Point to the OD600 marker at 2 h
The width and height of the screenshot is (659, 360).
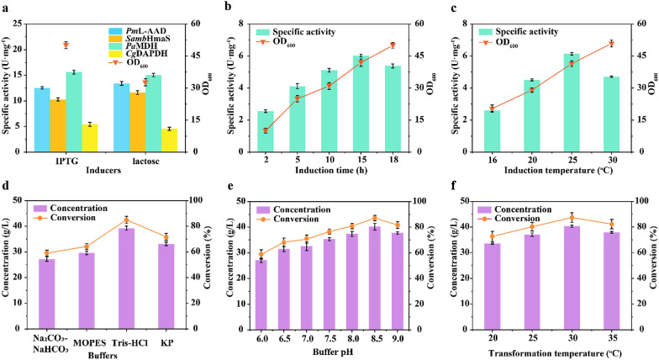266,130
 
